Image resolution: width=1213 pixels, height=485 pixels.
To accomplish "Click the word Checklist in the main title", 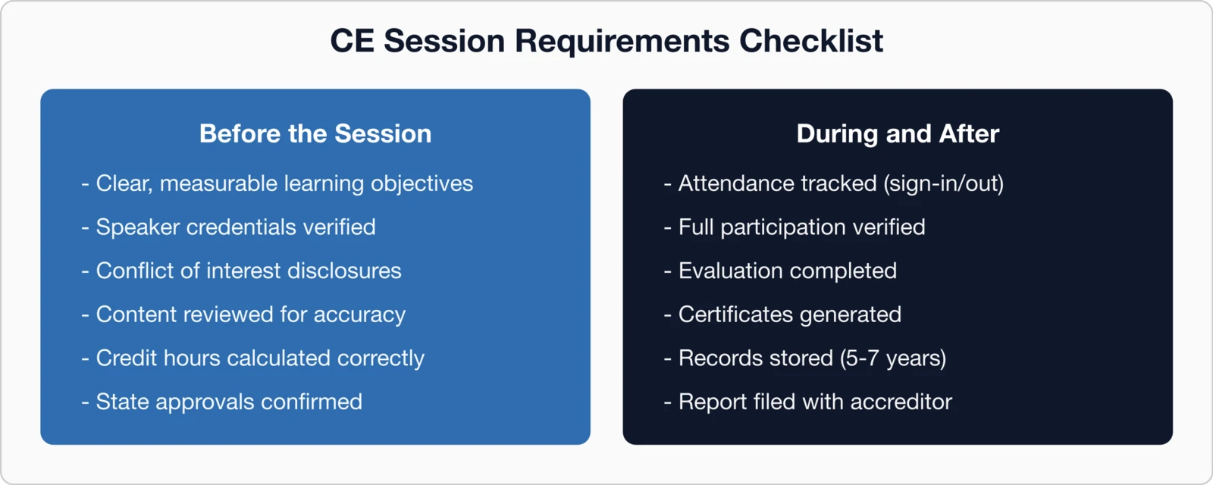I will coord(810,41).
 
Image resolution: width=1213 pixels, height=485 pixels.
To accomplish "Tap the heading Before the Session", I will coord(315,134).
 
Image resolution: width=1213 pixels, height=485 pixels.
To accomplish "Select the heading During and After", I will coord(898,134).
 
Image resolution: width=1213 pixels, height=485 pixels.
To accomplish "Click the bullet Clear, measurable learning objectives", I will coord(284,184).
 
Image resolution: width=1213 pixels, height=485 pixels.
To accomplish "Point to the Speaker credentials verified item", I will coord(235,227).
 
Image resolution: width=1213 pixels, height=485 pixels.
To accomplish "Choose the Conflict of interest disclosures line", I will coord(248,271).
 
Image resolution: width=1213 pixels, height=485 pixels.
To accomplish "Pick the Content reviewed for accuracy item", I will coord(250,314).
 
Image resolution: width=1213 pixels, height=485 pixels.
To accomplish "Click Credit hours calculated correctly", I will coord(259,358).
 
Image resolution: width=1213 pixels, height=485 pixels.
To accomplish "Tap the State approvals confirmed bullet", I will coord(228,402).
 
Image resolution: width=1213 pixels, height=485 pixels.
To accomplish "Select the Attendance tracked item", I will coord(777,184).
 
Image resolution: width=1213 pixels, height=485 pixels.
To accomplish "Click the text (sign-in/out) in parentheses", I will coord(943,184).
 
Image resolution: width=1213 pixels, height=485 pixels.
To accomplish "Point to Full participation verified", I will coord(801,227).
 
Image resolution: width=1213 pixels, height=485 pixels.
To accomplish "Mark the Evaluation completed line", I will coord(787,271).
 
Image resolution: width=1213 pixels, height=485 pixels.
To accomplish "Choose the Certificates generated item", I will coord(789,314).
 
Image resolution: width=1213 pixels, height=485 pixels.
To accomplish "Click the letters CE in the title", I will coord(352,41).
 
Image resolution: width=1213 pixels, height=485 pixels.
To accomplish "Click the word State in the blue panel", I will coord(122,402).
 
